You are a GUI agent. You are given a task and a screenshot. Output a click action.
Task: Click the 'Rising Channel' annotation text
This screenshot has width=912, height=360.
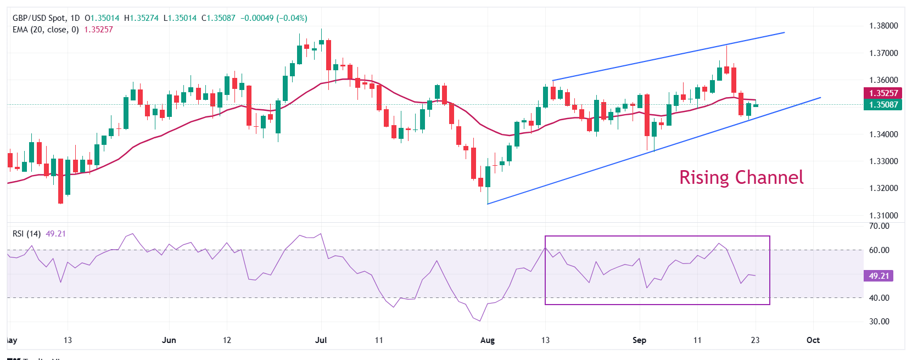point(741,177)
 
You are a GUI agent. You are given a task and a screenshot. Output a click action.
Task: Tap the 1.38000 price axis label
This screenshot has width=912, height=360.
point(883,26)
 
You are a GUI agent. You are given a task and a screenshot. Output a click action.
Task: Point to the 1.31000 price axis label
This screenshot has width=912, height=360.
point(883,216)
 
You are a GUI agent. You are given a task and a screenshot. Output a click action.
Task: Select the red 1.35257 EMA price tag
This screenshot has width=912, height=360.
point(883,93)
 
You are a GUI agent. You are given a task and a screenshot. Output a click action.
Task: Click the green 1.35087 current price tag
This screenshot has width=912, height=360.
point(883,105)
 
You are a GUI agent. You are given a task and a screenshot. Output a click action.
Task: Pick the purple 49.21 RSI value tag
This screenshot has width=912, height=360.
point(879,276)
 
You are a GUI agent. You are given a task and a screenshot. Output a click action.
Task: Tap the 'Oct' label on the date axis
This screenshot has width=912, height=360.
point(813,340)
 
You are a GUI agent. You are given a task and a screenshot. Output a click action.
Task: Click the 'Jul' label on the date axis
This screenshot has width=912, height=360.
point(321,340)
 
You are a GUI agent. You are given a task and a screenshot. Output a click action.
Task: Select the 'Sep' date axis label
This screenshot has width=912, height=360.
point(639,340)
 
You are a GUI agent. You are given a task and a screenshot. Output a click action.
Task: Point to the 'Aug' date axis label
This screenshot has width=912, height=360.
point(487,340)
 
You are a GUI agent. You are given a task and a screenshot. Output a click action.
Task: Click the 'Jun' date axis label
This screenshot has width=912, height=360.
point(169,340)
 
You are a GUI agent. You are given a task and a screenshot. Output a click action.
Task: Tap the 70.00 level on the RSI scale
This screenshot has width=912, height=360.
point(879,226)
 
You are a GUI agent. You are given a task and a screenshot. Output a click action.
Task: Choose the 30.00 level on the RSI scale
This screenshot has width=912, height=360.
point(879,322)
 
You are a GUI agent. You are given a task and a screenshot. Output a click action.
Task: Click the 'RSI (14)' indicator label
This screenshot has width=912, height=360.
point(26,234)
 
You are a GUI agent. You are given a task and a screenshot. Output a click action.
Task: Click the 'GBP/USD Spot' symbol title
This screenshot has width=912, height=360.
point(38,18)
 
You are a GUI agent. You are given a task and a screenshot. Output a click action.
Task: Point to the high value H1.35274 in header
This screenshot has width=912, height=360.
point(141,18)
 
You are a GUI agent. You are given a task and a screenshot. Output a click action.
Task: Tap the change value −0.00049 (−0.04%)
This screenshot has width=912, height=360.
point(273,18)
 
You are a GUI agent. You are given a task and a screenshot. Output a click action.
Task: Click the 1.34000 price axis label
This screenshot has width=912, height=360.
point(883,134)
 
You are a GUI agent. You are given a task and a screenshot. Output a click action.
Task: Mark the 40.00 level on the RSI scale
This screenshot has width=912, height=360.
point(879,298)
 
